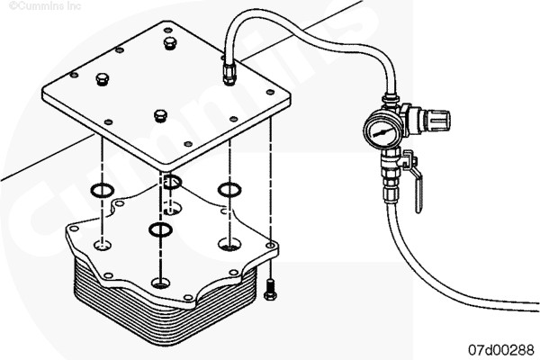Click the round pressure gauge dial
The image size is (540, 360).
click(x=383, y=131)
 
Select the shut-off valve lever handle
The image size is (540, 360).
click(x=414, y=182)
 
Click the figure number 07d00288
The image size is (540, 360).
click(x=500, y=350)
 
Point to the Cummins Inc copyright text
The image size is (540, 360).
click(x=45, y=5)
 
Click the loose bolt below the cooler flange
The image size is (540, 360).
click(x=269, y=290)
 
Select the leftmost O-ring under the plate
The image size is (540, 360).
click(x=103, y=190)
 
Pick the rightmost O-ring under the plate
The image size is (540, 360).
click(x=229, y=190)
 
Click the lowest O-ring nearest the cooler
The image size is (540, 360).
click(x=160, y=229)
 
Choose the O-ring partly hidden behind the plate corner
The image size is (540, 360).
click(x=172, y=182)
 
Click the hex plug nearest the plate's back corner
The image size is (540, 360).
click(x=170, y=43)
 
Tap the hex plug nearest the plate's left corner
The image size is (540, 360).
click(x=103, y=79)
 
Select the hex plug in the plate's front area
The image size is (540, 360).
click(x=160, y=115)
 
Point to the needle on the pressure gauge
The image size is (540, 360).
click(x=382, y=132)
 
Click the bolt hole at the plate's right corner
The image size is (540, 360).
click(x=270, y=93)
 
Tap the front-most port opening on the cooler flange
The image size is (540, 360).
click(x=160, y=283)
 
